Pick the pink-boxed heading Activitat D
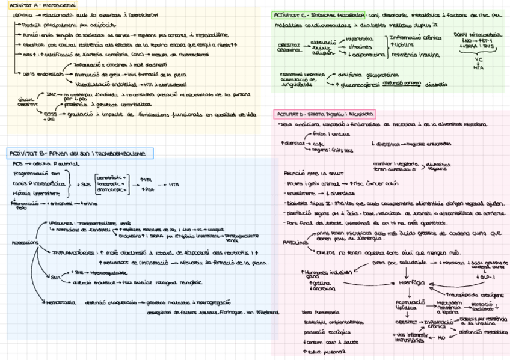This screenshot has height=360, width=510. (x=325, y=114)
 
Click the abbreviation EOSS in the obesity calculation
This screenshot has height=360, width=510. (x=51, y=112)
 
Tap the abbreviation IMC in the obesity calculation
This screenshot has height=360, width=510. (x=52, y=94)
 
